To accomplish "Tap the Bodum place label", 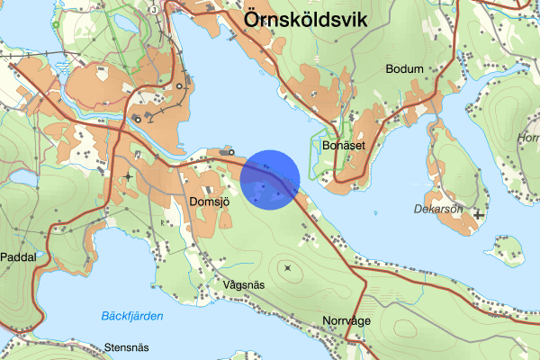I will [x=404, y=68].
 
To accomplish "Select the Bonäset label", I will [x=341, y=144].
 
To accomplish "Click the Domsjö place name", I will [x=211, y=202].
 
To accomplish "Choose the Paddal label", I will [x=19, y=256].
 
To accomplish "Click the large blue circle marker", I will [x=270, y=179].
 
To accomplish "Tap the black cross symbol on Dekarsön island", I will [x=479, y=214].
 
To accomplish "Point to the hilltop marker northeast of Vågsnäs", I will [x=287, y=267].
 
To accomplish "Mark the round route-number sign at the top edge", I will [x=154, y=9].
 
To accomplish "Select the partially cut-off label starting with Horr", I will [x=528, y=138].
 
